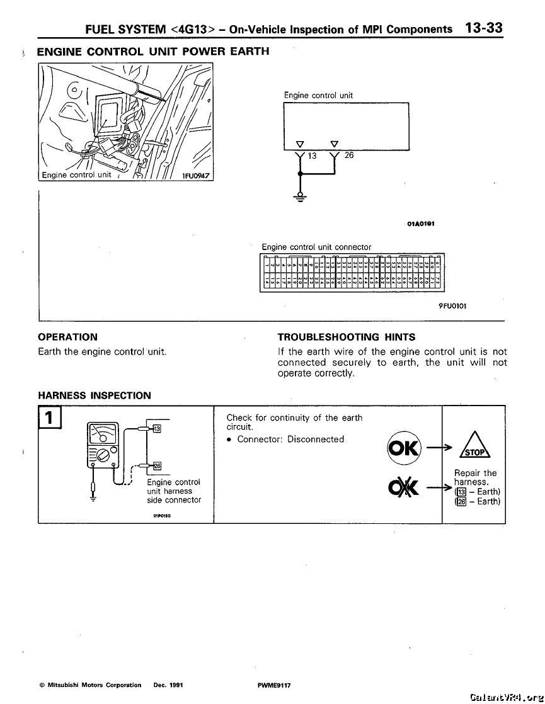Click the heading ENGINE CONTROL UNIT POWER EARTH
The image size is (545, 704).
click(x=153, y=51)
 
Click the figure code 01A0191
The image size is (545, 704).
click(x=420, y=223)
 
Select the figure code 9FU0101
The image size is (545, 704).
click(x=453, y=306)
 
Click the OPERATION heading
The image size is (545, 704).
click(x=67, y=337)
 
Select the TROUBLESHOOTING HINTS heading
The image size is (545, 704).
click(x=346, y=337)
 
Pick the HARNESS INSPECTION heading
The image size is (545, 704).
click(x=95, y=395)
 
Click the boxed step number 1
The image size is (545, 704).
click(x=49, y=417)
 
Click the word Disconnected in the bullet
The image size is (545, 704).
click(x=316, y=439)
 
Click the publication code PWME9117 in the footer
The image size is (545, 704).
click(x=270, y=684)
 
